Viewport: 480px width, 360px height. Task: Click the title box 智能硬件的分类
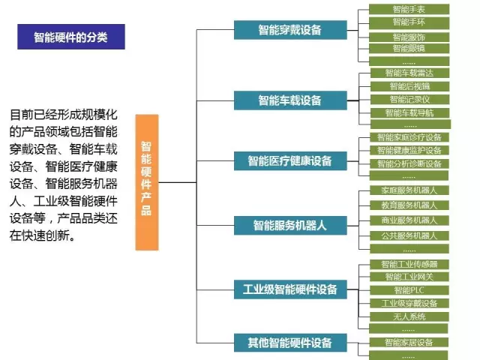[70, 37]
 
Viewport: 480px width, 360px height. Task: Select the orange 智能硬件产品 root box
[146, 182]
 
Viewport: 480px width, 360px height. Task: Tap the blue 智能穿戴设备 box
[289, 30]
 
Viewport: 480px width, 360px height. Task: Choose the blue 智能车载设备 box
[289, 100]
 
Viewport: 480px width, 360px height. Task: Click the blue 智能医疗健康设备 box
[289, 160]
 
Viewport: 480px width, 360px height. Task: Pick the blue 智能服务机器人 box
[289, 223]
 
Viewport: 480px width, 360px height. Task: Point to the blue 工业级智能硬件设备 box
[289, 289]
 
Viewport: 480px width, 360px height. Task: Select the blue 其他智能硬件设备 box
[289, 343]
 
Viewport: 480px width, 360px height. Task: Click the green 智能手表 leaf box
[409, 10]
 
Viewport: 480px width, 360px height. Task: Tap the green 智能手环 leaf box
[409, 23]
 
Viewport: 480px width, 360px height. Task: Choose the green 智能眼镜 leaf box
[409, 48]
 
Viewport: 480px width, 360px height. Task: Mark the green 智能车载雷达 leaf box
[409, 73]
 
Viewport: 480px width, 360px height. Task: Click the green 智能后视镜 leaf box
[409, 86]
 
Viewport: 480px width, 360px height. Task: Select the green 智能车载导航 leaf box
[409, 112]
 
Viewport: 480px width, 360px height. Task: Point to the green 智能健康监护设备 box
[409, 150]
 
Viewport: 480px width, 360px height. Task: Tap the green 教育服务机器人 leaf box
[409, 205]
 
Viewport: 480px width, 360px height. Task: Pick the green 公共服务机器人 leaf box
[409, 235]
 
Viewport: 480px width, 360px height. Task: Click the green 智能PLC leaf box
[409, 290]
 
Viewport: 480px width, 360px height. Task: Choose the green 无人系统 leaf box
[409, 316]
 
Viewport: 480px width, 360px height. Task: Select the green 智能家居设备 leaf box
[409, 343]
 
